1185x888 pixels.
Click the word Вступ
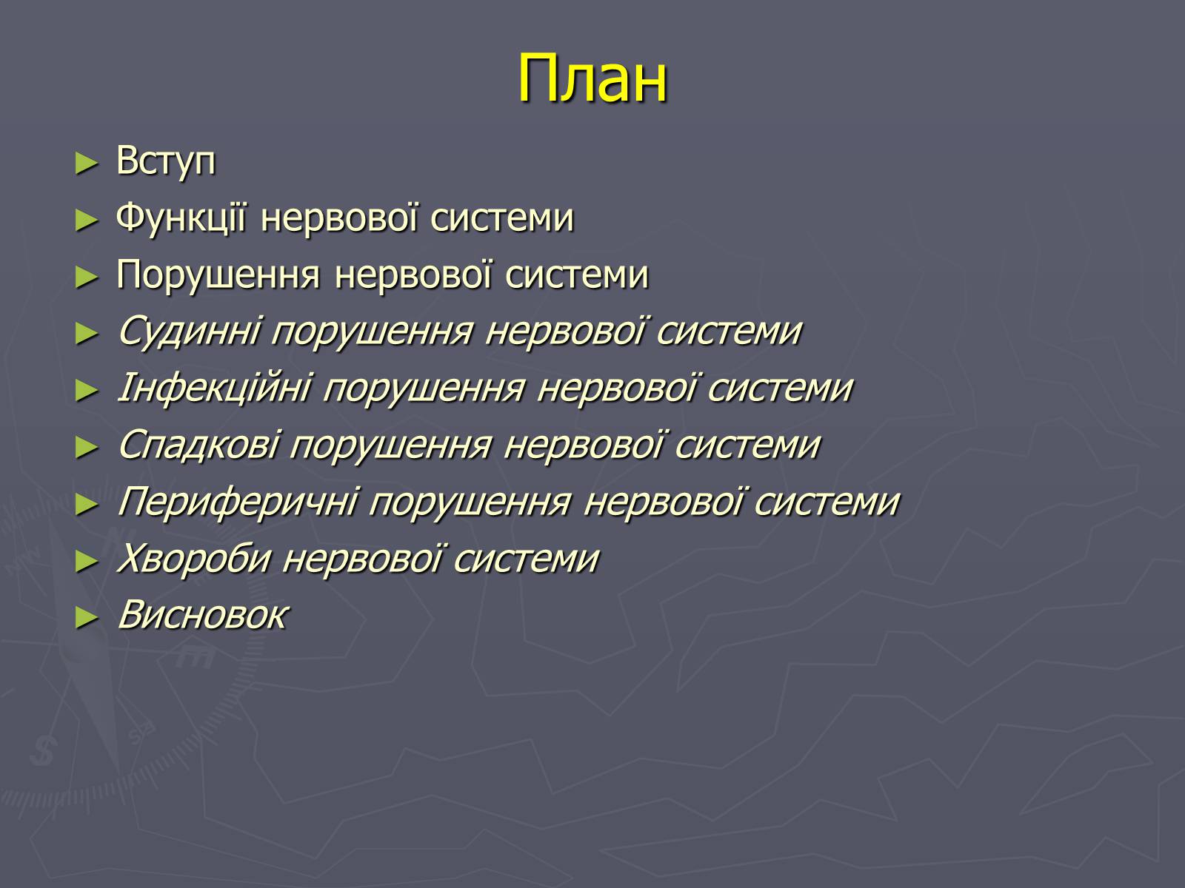click(166, 161)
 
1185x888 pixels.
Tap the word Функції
click(181, 218)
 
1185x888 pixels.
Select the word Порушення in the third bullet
click(218, 275)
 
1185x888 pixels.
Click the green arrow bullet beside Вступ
click(87, 164)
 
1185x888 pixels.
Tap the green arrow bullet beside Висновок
click(87, 619)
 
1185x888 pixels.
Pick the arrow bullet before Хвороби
click(87, 562)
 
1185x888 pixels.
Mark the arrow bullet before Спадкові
click(87, 448)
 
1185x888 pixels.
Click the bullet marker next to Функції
click(87, 221)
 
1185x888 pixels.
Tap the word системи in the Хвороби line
click(527, 559)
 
